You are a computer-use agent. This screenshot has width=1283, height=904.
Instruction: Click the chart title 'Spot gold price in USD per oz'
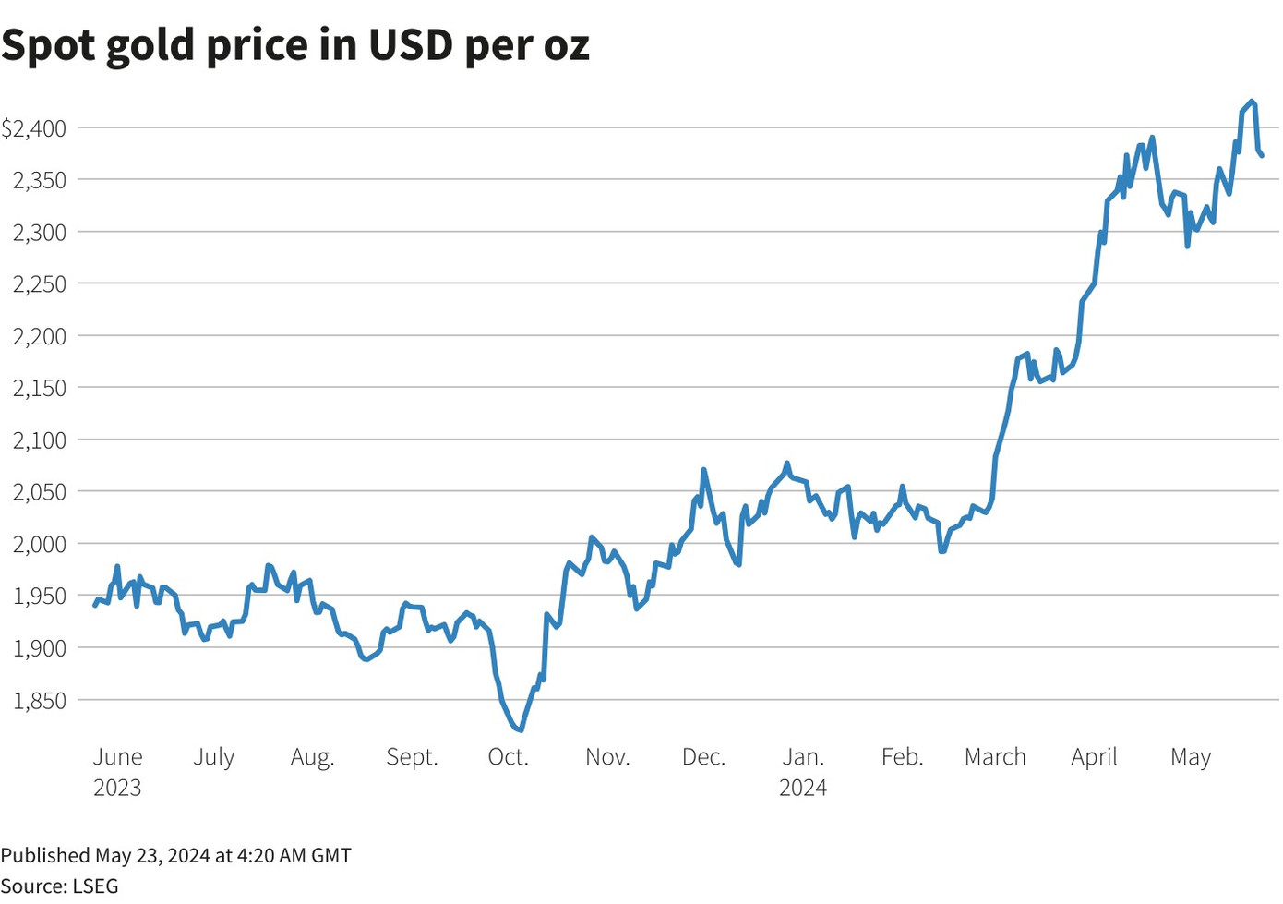pos(295,44)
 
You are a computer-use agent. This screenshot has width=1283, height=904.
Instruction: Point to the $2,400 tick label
pos(34,128)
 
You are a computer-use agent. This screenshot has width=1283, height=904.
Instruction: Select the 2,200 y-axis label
pos(40,336)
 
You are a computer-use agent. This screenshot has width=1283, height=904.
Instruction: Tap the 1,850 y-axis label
pos(40,700)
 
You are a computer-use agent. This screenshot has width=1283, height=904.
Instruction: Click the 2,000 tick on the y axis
pos(40,544)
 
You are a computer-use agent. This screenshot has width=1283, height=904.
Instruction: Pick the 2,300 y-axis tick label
pos(40,233)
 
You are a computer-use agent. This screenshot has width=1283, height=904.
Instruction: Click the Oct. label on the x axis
pos(508,757)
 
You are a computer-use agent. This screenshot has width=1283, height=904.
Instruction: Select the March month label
pos(995,757)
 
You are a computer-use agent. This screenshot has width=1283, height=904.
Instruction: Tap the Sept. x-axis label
pos(412,757)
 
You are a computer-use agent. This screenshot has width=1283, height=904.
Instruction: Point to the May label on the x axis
pos(1191,757)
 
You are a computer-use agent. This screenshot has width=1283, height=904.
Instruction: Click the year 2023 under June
pos(117,788)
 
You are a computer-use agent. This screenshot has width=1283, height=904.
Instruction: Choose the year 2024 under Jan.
pos(803,788)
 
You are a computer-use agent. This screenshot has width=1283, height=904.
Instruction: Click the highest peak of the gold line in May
pos(1252,101)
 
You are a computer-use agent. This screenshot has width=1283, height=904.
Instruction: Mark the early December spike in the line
pos(703,469)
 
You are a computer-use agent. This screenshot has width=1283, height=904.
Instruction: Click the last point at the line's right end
pos(1262,155)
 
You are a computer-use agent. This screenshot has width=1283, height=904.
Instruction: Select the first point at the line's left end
pos(94,605)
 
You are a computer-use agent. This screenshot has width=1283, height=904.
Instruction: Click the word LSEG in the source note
pos(95,886)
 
